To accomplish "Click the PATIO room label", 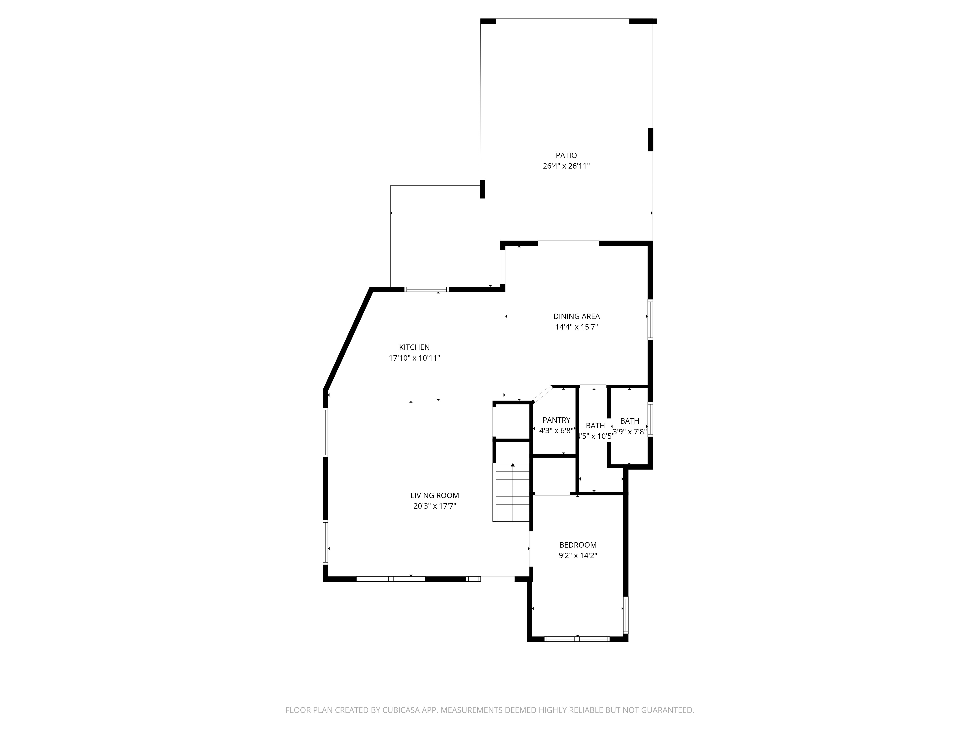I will (566, 156).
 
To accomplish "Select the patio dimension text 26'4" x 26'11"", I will (566, 166).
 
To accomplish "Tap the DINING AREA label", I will (576, 316).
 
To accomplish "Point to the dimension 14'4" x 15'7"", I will (576, 327).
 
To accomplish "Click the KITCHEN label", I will (414, 347).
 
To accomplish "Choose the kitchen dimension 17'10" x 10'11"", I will (414, 358).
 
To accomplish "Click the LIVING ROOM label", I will (435, 495).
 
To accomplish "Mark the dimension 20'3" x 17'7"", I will (435, 506).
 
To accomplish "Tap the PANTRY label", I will (556, 420).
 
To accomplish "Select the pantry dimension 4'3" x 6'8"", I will (556, 430).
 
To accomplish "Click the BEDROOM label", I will (578, 545).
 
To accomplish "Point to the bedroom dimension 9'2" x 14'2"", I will (578, 556).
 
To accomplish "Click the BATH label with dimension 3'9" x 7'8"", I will (630, 421).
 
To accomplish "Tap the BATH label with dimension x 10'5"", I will (595, 426).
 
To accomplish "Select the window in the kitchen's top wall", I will (427, 289).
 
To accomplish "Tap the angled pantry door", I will (542, 394).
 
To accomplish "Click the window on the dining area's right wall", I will (650, 319).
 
